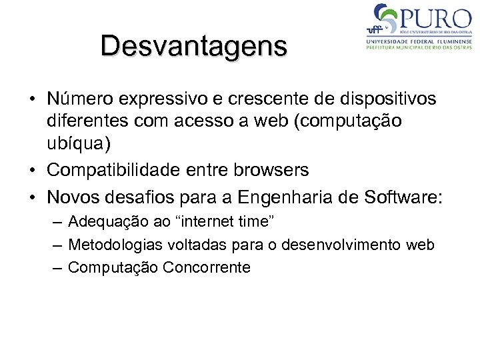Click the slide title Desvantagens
pyautogui.click(x=194, y=46)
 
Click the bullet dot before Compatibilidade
pyautogui.click(x=32, y=171)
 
